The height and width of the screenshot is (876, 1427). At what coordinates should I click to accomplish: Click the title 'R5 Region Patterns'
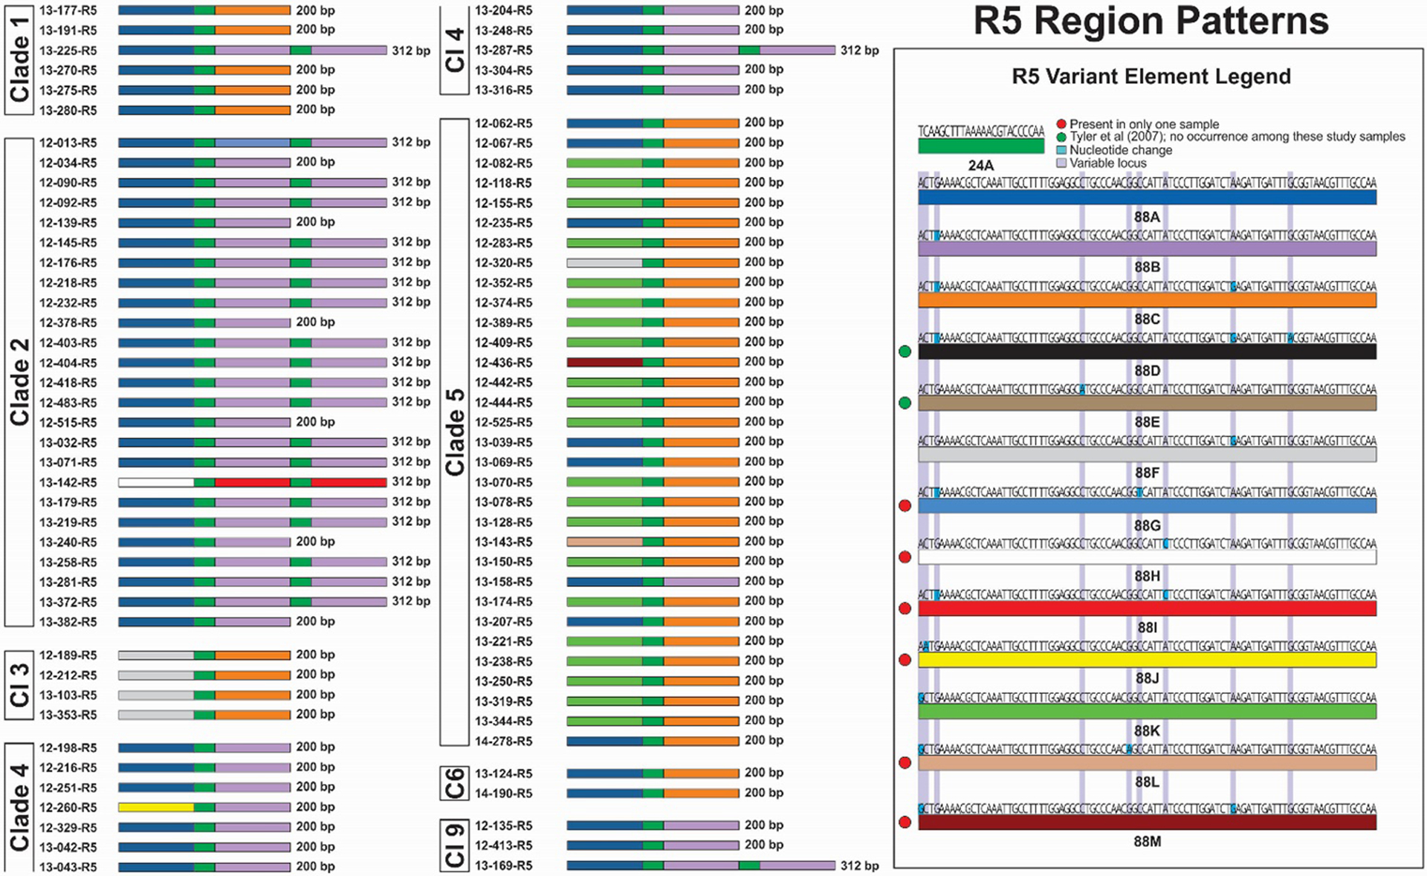pyautogui.click(x=1151, y=21)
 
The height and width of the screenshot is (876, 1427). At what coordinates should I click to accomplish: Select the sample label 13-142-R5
pyautogui.click(x=68, y=482)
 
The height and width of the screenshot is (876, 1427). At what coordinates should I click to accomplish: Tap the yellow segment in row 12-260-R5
pyautogui.click(x=156, y=807)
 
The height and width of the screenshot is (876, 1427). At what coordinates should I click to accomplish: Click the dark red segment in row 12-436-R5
pyautogui.click(x=604, y=363)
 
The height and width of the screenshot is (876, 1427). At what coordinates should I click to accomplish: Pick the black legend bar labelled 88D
pyautogui.click(x=1147, y=351)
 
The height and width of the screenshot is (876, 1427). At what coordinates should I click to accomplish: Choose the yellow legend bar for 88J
pyautogui.click(x=1147, y=660)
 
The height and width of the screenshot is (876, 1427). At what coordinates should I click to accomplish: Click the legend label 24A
pyautogui.click(x=980, y=165)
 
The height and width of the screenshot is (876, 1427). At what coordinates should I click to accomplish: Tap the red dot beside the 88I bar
pyautogui.click(x=905, y=609)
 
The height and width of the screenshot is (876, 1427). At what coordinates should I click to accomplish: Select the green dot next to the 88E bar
pyautogui.click(x=905, y=403)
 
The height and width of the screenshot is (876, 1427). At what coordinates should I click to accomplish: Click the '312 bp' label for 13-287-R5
pyautogui.click(x=859, y=51)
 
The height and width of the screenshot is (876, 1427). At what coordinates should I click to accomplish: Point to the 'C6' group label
pyautogui.click(x=454, y=783)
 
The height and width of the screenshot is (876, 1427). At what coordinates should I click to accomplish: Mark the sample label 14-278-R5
pyautogui.click(x=503, y=741)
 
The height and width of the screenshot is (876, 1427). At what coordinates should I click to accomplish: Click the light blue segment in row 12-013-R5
pyautogui.click(x=253, y=143)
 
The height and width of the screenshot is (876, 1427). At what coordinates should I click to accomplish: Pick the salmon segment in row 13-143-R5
pyautogui.click(x=604, y=542)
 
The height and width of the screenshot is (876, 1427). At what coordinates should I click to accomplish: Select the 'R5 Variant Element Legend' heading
pyautogui.click(x=1151, y=77)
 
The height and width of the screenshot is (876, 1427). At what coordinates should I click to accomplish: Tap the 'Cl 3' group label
pyautogui.click(x=19, y=685)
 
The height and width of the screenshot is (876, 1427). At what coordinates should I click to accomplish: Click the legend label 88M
pyautogui.click(x=1147, y=841)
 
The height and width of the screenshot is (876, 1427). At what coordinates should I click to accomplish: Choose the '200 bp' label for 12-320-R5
pyautogui.click(x=763, y=262)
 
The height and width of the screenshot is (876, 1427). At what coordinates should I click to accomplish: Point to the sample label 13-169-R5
pyautogui.click(x=503, y=866)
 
